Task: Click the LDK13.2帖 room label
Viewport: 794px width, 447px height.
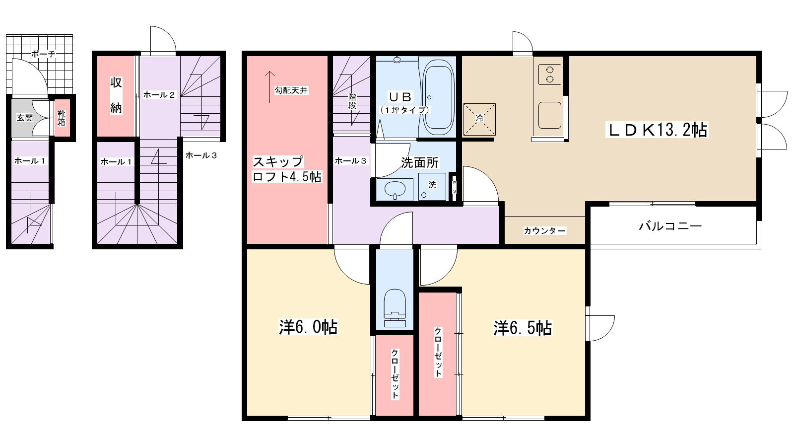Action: coord(657,130)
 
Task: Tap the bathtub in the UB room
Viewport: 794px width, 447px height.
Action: coord(438,97)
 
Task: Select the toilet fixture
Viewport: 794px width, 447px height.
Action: coord(395,307)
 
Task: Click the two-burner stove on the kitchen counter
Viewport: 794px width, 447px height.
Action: coord(550,74)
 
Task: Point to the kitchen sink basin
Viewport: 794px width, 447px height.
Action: coord(550,115)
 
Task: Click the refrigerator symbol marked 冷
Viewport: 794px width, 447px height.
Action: coord(479,119)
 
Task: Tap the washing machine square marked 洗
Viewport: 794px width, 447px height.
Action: coord(432,187)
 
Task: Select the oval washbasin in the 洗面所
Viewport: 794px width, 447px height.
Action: coord(395,189)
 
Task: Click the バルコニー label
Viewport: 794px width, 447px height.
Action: coord(670,226)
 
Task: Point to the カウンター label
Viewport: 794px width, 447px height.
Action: coord(545,231)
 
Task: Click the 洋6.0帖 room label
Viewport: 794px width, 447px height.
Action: coord(308,327)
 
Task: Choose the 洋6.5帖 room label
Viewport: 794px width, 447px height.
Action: coord(523,328)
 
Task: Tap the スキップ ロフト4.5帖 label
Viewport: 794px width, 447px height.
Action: coord(287,169)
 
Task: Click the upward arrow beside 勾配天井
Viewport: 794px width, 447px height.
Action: coord(270,87)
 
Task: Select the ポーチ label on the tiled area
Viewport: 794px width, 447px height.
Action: coord(43,54)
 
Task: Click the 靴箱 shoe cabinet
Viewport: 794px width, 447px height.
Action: coord(62,118)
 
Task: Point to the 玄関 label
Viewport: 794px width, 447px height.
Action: coord(25,117)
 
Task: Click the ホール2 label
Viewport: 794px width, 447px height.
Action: coord(159,95)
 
